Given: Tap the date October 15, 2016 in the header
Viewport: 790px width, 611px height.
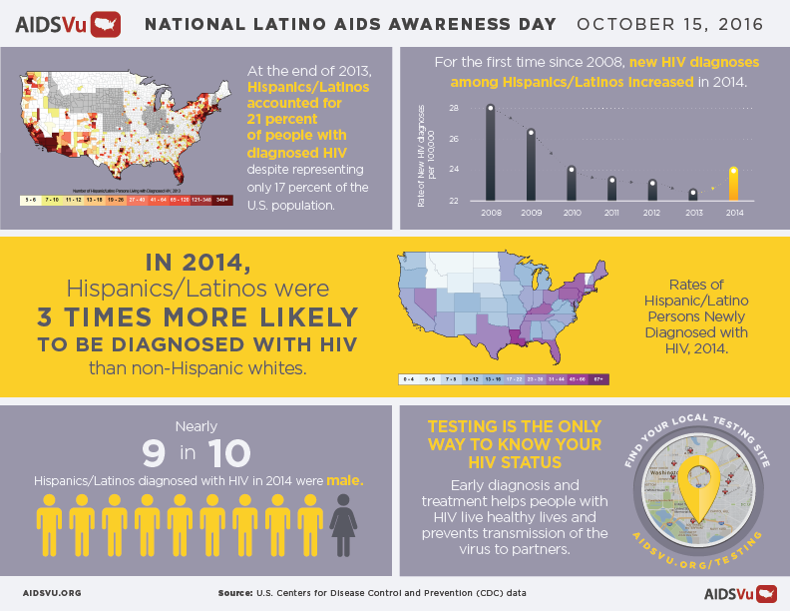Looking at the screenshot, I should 675,22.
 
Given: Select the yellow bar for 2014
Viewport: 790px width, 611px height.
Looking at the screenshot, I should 733,184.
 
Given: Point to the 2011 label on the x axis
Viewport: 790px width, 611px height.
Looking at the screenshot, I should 611,213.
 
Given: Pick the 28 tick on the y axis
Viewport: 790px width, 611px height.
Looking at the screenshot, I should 452,108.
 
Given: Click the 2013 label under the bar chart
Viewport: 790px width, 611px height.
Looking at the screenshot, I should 692,213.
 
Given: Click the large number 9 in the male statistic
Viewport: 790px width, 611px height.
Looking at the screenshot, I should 154,453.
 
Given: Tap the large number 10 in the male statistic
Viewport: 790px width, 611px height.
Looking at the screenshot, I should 229,453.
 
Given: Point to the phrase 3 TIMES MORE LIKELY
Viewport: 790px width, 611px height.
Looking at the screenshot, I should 197,317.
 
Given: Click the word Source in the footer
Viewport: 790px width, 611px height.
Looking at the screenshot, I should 234,593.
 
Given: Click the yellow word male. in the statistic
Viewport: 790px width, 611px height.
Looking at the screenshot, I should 345,480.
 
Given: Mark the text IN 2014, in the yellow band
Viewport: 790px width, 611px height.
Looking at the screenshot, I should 197,263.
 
